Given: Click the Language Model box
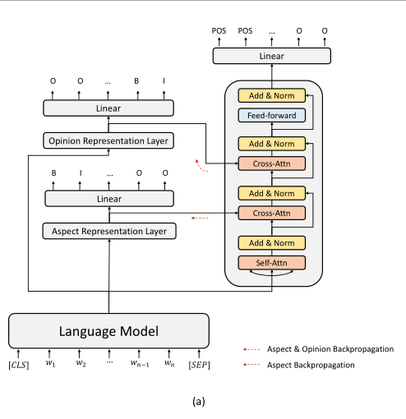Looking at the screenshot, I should coord(108,332).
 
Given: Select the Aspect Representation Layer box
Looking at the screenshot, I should coord(108,231).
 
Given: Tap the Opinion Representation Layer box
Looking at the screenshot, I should coord(108,140).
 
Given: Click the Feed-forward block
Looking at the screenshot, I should coord(272,116).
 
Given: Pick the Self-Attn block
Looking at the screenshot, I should coord(272,263).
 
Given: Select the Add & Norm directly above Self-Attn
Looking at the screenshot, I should coord(272,242).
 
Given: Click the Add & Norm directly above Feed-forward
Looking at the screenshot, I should coord(272,95).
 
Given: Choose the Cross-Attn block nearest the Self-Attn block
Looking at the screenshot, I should coord(272,213).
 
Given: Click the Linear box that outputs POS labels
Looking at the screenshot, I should coord(272,55).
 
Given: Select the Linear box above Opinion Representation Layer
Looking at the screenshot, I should coord(108,108).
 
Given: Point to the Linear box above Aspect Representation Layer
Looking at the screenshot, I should coord(108,198).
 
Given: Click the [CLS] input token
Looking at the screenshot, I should coord(17,363).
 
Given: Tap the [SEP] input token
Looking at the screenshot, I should coord(200,363).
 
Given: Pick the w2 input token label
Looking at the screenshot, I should coord(81,363).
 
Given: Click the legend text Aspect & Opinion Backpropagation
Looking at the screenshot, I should coord(330,349).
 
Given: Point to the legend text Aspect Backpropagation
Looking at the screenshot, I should coord(311,364).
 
